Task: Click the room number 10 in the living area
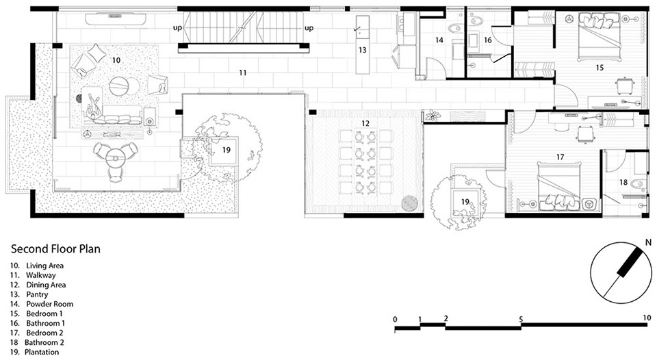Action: pos(116,60)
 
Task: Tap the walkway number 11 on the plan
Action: pos(243,73)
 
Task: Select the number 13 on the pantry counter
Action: pos(363,50)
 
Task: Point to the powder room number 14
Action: pos(439,40)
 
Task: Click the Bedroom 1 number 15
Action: pos(600,68)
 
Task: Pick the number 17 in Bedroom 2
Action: pos(561,157)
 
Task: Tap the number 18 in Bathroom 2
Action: pos(623,182)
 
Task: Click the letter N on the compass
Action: pos(648,242)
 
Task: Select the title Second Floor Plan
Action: pos(55,249)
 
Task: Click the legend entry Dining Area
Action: pos(46,285)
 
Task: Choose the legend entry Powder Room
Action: pos(50,305)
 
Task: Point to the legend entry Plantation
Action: pos(42,352)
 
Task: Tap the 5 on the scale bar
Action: pos(521,320)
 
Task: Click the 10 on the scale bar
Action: pos(647,318)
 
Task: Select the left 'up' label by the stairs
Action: pos(178,28)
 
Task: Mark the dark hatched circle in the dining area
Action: pos(410,204)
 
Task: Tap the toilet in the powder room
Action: pos(454,29)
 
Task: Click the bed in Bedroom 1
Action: pos(599,37)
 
